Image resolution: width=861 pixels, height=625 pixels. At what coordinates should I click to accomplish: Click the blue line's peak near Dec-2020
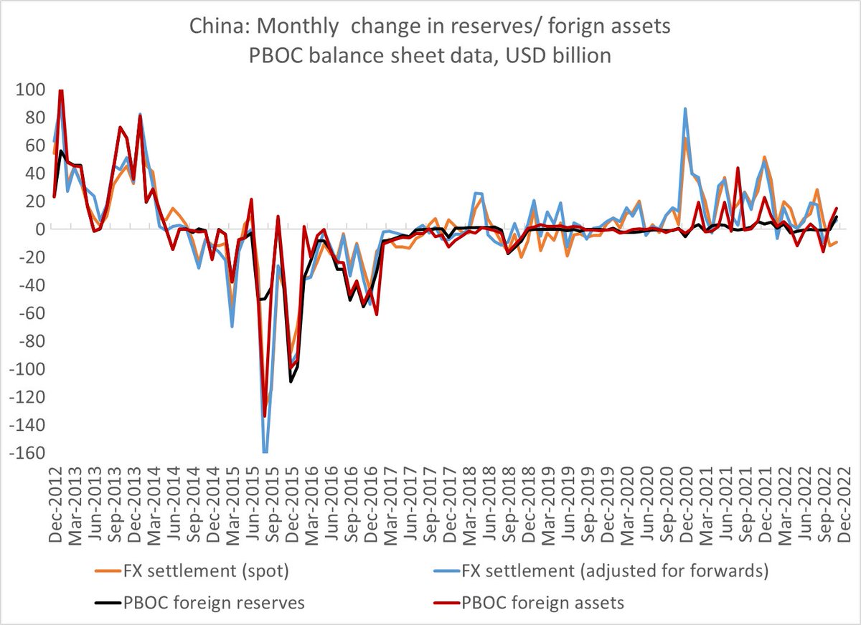point(686,109)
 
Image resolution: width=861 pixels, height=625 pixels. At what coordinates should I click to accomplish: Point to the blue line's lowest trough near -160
point(265,452)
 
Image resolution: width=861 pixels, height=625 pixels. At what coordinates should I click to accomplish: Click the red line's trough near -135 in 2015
point(265,416)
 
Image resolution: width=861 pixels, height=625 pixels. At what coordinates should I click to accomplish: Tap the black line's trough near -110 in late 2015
point(291,381)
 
